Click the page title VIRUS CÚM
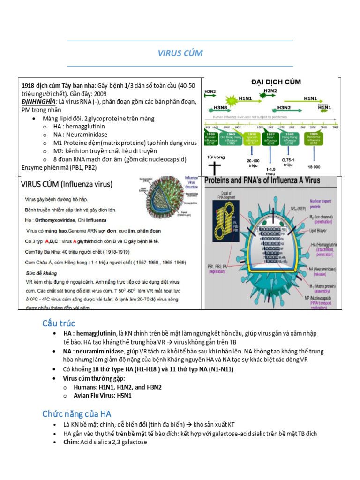[x=180, y=53]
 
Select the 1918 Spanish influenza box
[x=251, y=138]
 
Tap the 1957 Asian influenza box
[x=270, y=138]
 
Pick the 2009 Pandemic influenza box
[x=313, y=137]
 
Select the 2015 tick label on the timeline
[x=335, y=127]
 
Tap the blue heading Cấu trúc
[x=59, y=323]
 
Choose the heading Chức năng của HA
[x=77, y=413]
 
